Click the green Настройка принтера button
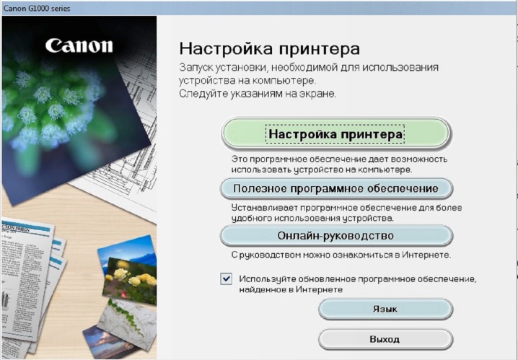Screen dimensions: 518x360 click(x=335, y=133)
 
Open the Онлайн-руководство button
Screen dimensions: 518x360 click(x=336, y=236)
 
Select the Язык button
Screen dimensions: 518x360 click(x=385, y=309)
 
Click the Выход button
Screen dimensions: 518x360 click(x=385, y=339)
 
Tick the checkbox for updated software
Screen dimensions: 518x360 click(x=227, y=278)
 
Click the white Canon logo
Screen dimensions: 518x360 click(x=79, y=45)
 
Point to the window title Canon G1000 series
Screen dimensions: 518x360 click(x=37, y=8)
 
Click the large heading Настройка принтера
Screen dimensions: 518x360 click(x=269, y=49)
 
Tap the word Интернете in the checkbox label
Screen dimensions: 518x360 click(x=319, y=289)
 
